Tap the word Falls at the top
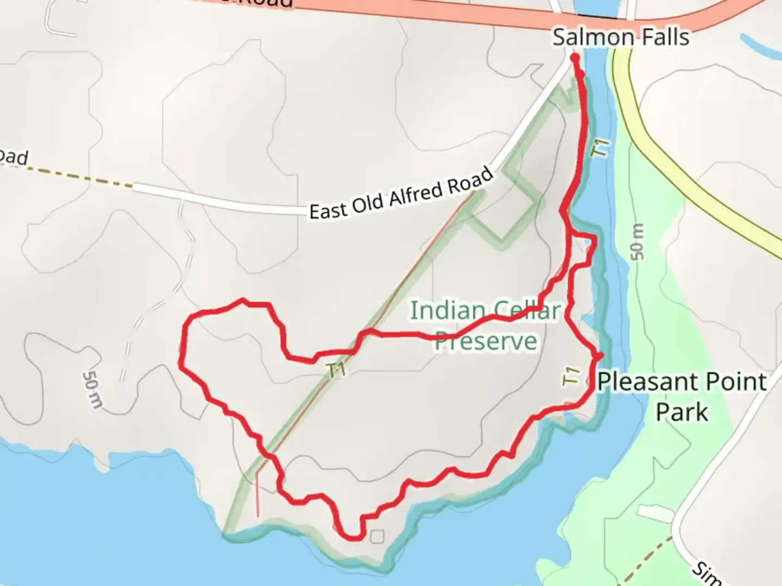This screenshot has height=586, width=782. coord(664,37)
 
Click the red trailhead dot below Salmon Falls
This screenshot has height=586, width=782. coord(575,56)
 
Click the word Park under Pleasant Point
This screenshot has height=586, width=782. coord(682,412)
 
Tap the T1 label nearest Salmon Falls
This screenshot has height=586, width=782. coord(600,149)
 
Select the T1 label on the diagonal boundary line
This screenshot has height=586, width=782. coord(337,371)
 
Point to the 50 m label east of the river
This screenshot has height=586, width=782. coord(638,241)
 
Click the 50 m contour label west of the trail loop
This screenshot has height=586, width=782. coord(92,390)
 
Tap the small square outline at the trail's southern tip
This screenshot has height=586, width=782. coord(377,537)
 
